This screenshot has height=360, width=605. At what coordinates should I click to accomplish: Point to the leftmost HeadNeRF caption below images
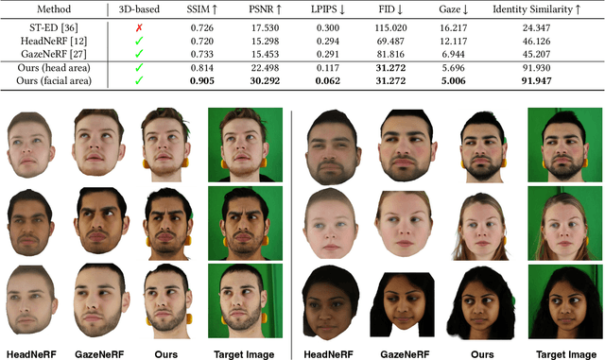[x=35, y=353]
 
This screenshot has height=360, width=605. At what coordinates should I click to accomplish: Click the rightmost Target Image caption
[x=564, y=353]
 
